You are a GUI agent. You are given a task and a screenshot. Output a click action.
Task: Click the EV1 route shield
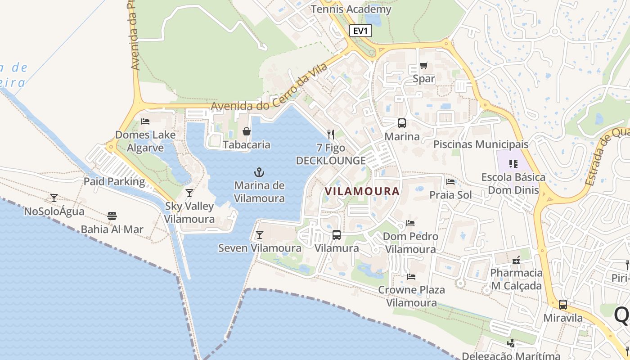(x=360, y=31)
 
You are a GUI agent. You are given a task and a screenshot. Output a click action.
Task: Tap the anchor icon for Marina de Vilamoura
(x=259, y=172)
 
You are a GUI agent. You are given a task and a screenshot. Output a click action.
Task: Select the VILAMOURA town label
(x=362, y=191)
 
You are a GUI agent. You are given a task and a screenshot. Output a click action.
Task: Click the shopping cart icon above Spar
(x=423, y=66)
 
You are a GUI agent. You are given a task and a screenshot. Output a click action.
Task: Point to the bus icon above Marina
(x=401, y=123)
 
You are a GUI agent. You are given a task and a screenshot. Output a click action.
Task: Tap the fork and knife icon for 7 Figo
(x=331, y=134)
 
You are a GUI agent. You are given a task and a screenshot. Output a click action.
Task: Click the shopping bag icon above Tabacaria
(x=247, y=131)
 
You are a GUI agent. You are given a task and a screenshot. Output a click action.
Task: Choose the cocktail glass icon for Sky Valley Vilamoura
(x=189, y=193)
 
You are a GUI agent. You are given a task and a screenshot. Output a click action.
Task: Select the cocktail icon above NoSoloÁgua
(x=54, y=198)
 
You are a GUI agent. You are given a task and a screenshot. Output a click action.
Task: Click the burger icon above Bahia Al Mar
(x=112, y=216)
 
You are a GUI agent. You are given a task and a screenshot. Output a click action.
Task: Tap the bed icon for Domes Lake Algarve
(x=145, y=121)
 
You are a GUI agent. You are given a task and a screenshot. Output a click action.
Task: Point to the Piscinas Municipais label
(x=481, y=144)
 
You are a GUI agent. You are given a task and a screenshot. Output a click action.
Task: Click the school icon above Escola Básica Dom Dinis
(x=513, y=164)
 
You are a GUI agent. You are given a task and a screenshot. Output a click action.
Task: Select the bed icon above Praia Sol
(x=450, y=182)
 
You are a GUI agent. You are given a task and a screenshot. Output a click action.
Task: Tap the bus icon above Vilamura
(x=337, y=234)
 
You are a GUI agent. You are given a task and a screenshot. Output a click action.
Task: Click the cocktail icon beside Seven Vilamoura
(x=259, y=235)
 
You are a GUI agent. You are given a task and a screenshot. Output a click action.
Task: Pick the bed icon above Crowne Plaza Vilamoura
(x=411, y=276)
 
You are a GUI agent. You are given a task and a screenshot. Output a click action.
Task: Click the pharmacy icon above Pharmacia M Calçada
(x=516, y=260)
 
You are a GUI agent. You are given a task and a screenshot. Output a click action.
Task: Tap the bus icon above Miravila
(x=562, y=305)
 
